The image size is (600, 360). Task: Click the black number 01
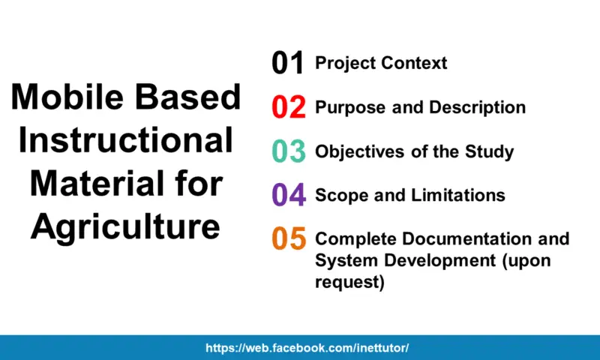(x=288, y=64)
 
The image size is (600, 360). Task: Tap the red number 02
(x=289, y=107)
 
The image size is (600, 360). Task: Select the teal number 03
(x=289, y=151)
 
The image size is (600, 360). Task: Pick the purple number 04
(x=289, y=196)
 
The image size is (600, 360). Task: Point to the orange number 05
(x=289, y=239)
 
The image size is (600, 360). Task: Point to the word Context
(x=414, y=63)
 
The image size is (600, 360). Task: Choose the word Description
(x=477, y=107)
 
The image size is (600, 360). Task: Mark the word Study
(x=489, y=151)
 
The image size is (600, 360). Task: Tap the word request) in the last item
(x=349, y=282)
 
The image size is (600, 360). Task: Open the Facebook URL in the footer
(x=307, y=349)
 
